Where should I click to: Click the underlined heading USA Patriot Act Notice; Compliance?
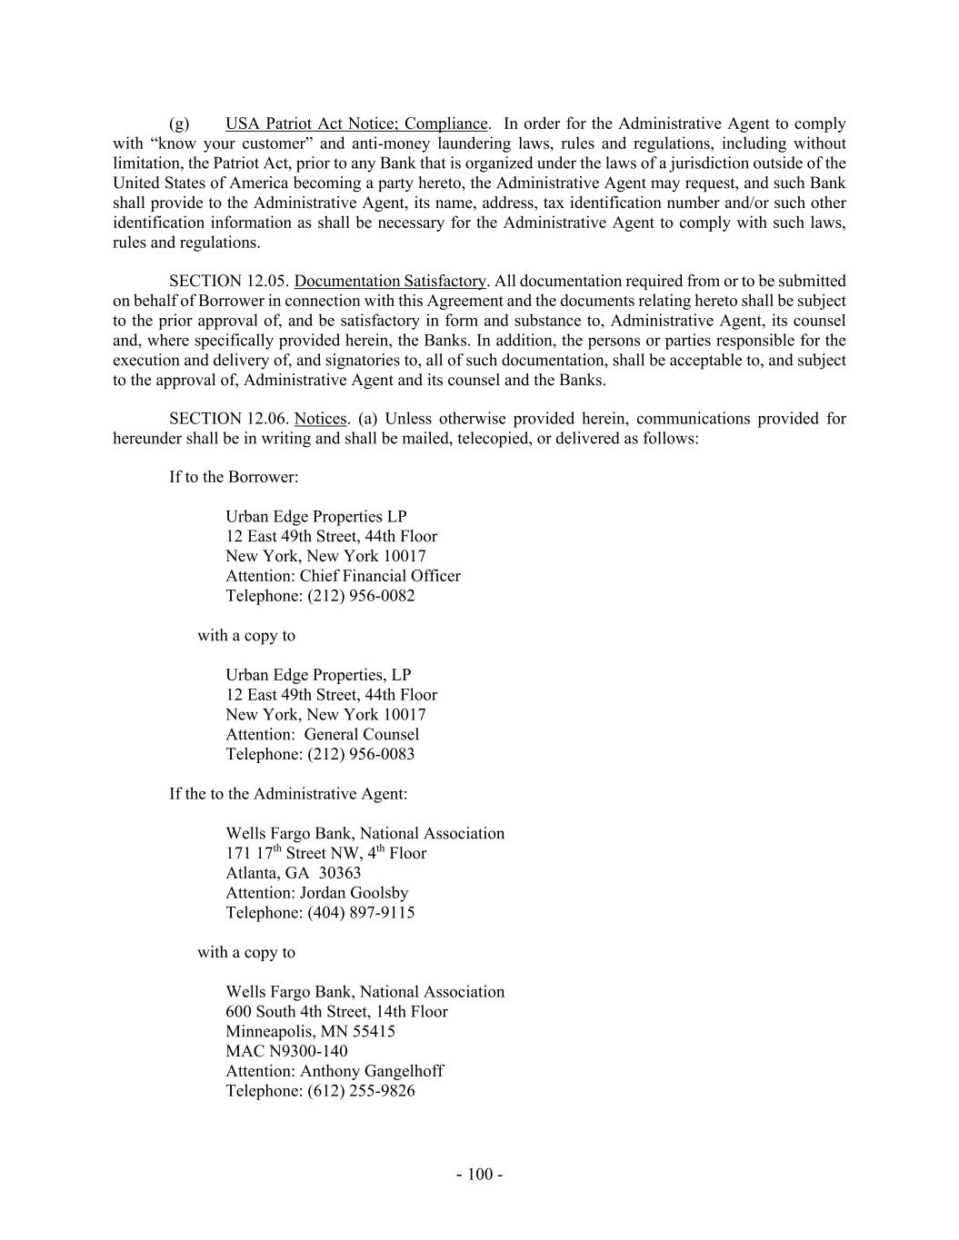click(356, 124)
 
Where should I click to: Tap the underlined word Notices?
click(321, 419)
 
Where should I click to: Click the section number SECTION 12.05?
click(229, 281)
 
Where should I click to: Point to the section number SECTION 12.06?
click(229, 419)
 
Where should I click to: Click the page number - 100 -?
click(479, 1175)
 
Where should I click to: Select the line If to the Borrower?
click(234, 477)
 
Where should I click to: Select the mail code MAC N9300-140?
click(286, 1051)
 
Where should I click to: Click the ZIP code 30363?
click(339, 873)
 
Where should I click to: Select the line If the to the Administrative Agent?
click(288, 794)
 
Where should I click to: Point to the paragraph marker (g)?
click(179, 124)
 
